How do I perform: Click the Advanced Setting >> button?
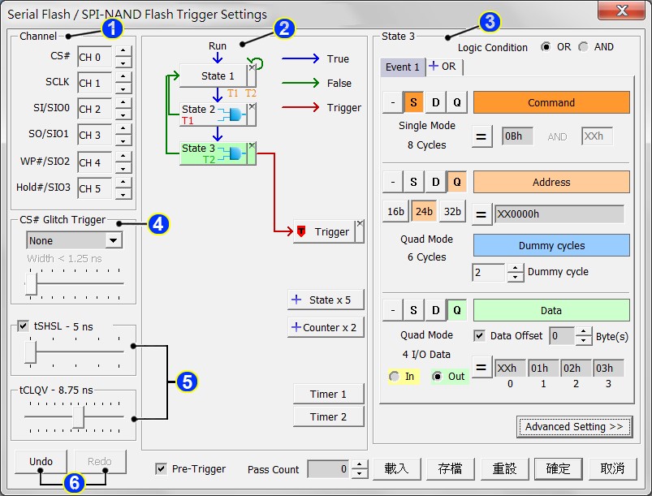[573, 427]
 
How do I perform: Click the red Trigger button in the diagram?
[325, 232]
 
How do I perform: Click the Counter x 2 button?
[326, 328]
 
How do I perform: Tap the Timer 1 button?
[328, 395]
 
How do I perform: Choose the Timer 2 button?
[328, 417]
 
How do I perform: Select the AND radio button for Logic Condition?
[584, 47]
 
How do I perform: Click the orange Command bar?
[551, 103]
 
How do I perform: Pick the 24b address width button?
[424, 212]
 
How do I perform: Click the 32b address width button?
[452, 212]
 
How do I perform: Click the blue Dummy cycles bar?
[551, 246]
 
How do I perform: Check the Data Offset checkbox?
[480, 335]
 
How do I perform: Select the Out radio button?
[438, 377]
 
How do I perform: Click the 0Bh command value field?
[516, 136]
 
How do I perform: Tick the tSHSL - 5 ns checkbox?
[23, 326]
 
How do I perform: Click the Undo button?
[41, 462]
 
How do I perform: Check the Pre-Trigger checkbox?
[161, 469]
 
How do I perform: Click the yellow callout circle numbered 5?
[188, 381]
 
